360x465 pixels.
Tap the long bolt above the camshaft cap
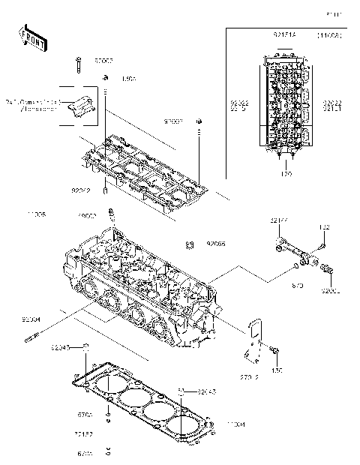(78, 65)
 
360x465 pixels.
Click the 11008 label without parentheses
(37, 214)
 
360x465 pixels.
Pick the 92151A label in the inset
(283, 36)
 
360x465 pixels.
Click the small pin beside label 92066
(190, 244)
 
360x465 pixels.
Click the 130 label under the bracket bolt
(277, 370)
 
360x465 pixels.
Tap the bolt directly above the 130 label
(276, 350)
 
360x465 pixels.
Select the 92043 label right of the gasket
(209, 391)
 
